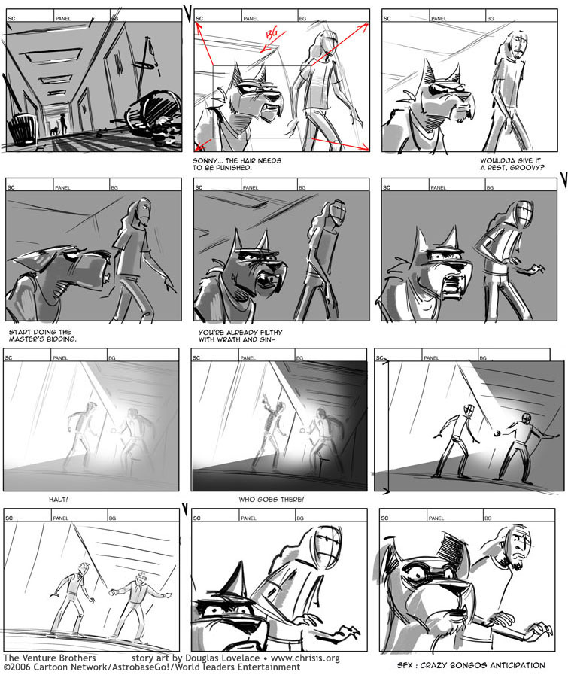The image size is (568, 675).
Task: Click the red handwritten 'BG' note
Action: pos(272,34)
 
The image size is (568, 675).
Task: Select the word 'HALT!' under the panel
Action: pos(59,500)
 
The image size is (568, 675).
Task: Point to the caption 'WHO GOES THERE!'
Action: pos(272,500)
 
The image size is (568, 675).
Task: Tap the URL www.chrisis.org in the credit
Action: pos(305,658)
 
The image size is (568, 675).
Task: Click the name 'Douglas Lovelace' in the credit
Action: pos(223,658)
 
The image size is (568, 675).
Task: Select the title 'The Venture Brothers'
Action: pos(50,658)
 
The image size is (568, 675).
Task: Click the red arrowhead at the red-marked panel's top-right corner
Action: pos(366,26)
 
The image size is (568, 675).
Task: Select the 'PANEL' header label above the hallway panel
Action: pos(63,19)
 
